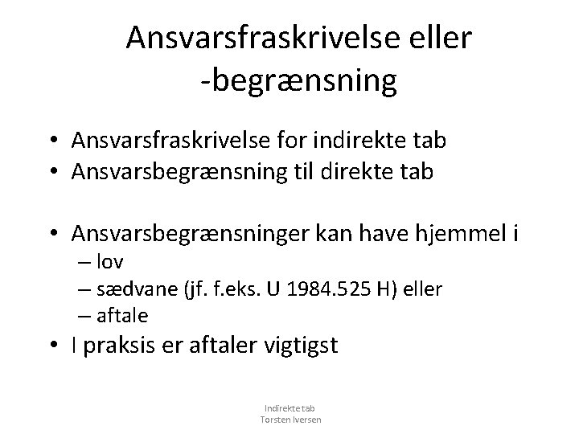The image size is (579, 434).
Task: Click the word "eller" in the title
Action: (x=446, y=37)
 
